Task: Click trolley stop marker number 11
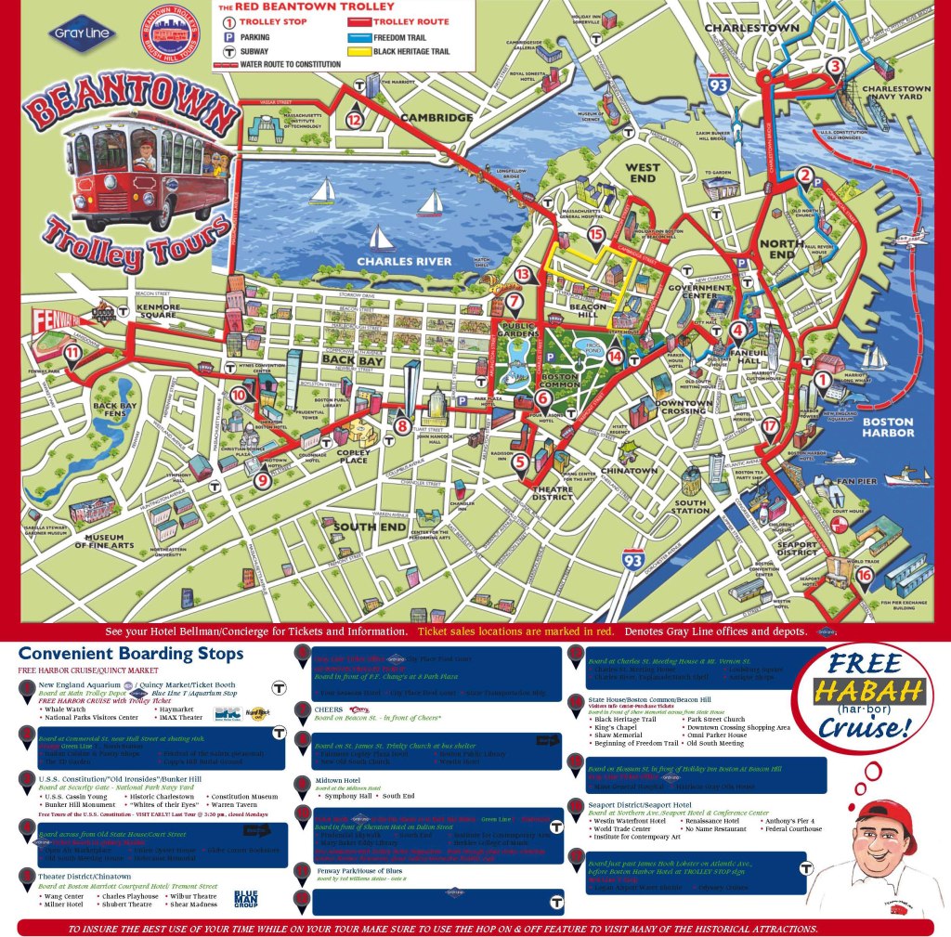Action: click(x=72, y=352)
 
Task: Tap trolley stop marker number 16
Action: click(x=865, y=576)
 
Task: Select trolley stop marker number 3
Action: click(x=835, y=66)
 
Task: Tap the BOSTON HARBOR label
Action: click(x=888, y=427)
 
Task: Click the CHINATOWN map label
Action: click(x=629, y=471)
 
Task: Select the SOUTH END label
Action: click(x=370, y=527)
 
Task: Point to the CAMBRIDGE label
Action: click(x=436, y=118)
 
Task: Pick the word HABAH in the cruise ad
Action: click(x=868, y=690)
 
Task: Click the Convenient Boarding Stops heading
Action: click(x=131, y=654)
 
